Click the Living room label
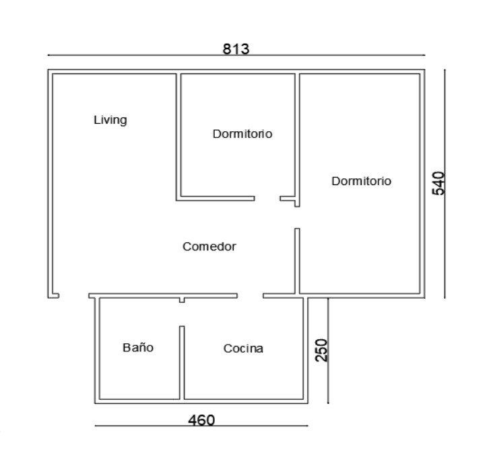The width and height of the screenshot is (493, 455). [110, 120]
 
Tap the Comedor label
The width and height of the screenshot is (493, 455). [209, 246]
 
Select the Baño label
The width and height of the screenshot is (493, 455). [138, 347]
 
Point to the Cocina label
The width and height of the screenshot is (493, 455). [243, 349]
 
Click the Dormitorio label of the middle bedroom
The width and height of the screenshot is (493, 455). [242, 134]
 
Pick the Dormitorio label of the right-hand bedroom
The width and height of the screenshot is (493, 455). [362, 181]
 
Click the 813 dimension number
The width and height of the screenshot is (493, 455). [236, 49]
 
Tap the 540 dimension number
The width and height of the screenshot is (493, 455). [439, 183]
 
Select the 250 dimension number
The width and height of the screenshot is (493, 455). [321, 350]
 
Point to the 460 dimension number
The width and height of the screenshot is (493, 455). [201, 420]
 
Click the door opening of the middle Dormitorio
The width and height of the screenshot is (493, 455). [267, 199]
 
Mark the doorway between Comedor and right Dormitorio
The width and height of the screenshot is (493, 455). [297, 217]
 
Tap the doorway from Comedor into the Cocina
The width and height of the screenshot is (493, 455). [251, 295]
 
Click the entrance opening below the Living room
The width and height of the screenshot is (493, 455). [74, 295]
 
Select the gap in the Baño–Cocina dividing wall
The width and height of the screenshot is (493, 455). [182, 314]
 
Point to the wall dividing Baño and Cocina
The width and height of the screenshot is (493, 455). [182, 363]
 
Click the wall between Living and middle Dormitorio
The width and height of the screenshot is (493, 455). [178, 137]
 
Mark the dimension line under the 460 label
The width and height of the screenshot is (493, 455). [201, 426]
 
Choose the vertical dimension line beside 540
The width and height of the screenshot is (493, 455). [445, 184]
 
